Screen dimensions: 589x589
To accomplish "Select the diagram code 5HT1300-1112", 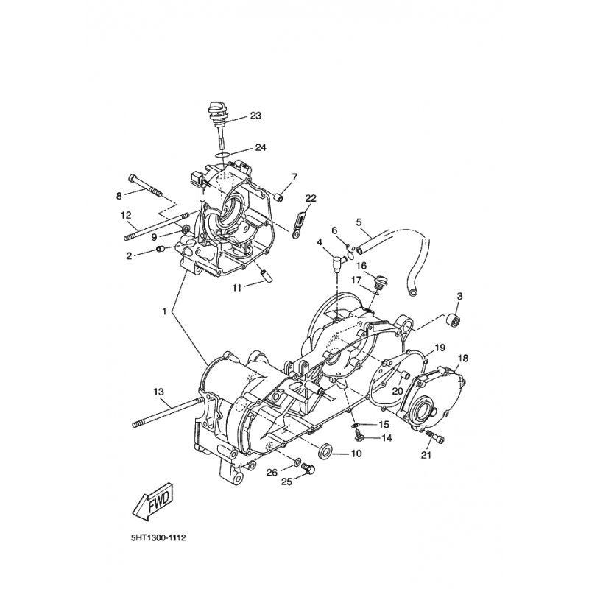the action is (x=158, y=538).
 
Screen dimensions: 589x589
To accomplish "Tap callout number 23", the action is (x=255, y=116).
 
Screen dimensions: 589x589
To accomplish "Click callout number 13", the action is (x=159, y=392).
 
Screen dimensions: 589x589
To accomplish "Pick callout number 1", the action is (x=164, y=311).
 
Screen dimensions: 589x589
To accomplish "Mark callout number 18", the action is (x=463, y=359).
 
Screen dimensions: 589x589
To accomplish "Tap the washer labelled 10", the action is (x=325, y=451).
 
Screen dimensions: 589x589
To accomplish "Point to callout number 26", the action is (x=272, y=473).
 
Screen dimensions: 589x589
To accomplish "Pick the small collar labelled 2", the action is (x=161, y=249).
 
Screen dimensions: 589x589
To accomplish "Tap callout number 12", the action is (x=126, y=216).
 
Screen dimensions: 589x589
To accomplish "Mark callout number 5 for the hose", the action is (x=359, y=222).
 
